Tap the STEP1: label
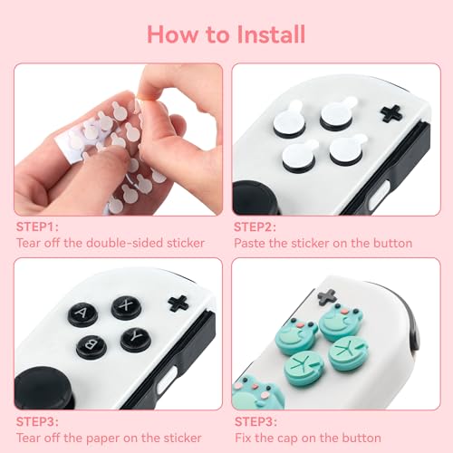tap(38, 226)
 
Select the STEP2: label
tap(256, 226)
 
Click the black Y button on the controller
tap(135, 339)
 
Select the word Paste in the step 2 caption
tap(250, 243)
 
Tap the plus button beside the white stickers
tap(391, 113)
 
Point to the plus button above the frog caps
tap(329, 296)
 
